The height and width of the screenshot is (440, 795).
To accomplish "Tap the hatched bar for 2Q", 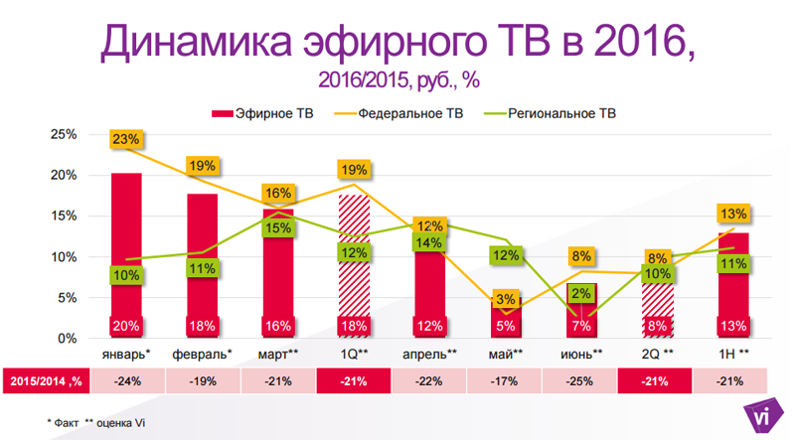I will (658, 298).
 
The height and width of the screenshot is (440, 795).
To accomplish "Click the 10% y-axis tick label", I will (64, 256).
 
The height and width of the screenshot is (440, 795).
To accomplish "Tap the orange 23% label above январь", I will (126, 140).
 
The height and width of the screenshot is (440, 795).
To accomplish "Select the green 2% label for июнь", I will (583, 293).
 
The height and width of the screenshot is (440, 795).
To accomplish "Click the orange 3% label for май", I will (505, 299).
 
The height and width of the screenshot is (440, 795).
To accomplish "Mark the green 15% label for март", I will (278, 228).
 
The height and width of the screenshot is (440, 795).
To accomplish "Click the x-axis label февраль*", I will (203, 354).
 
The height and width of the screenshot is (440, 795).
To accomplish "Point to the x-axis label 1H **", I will (733, 354).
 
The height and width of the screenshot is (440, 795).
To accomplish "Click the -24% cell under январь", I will (126, 380).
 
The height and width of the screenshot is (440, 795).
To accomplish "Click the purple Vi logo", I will (761, 417).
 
